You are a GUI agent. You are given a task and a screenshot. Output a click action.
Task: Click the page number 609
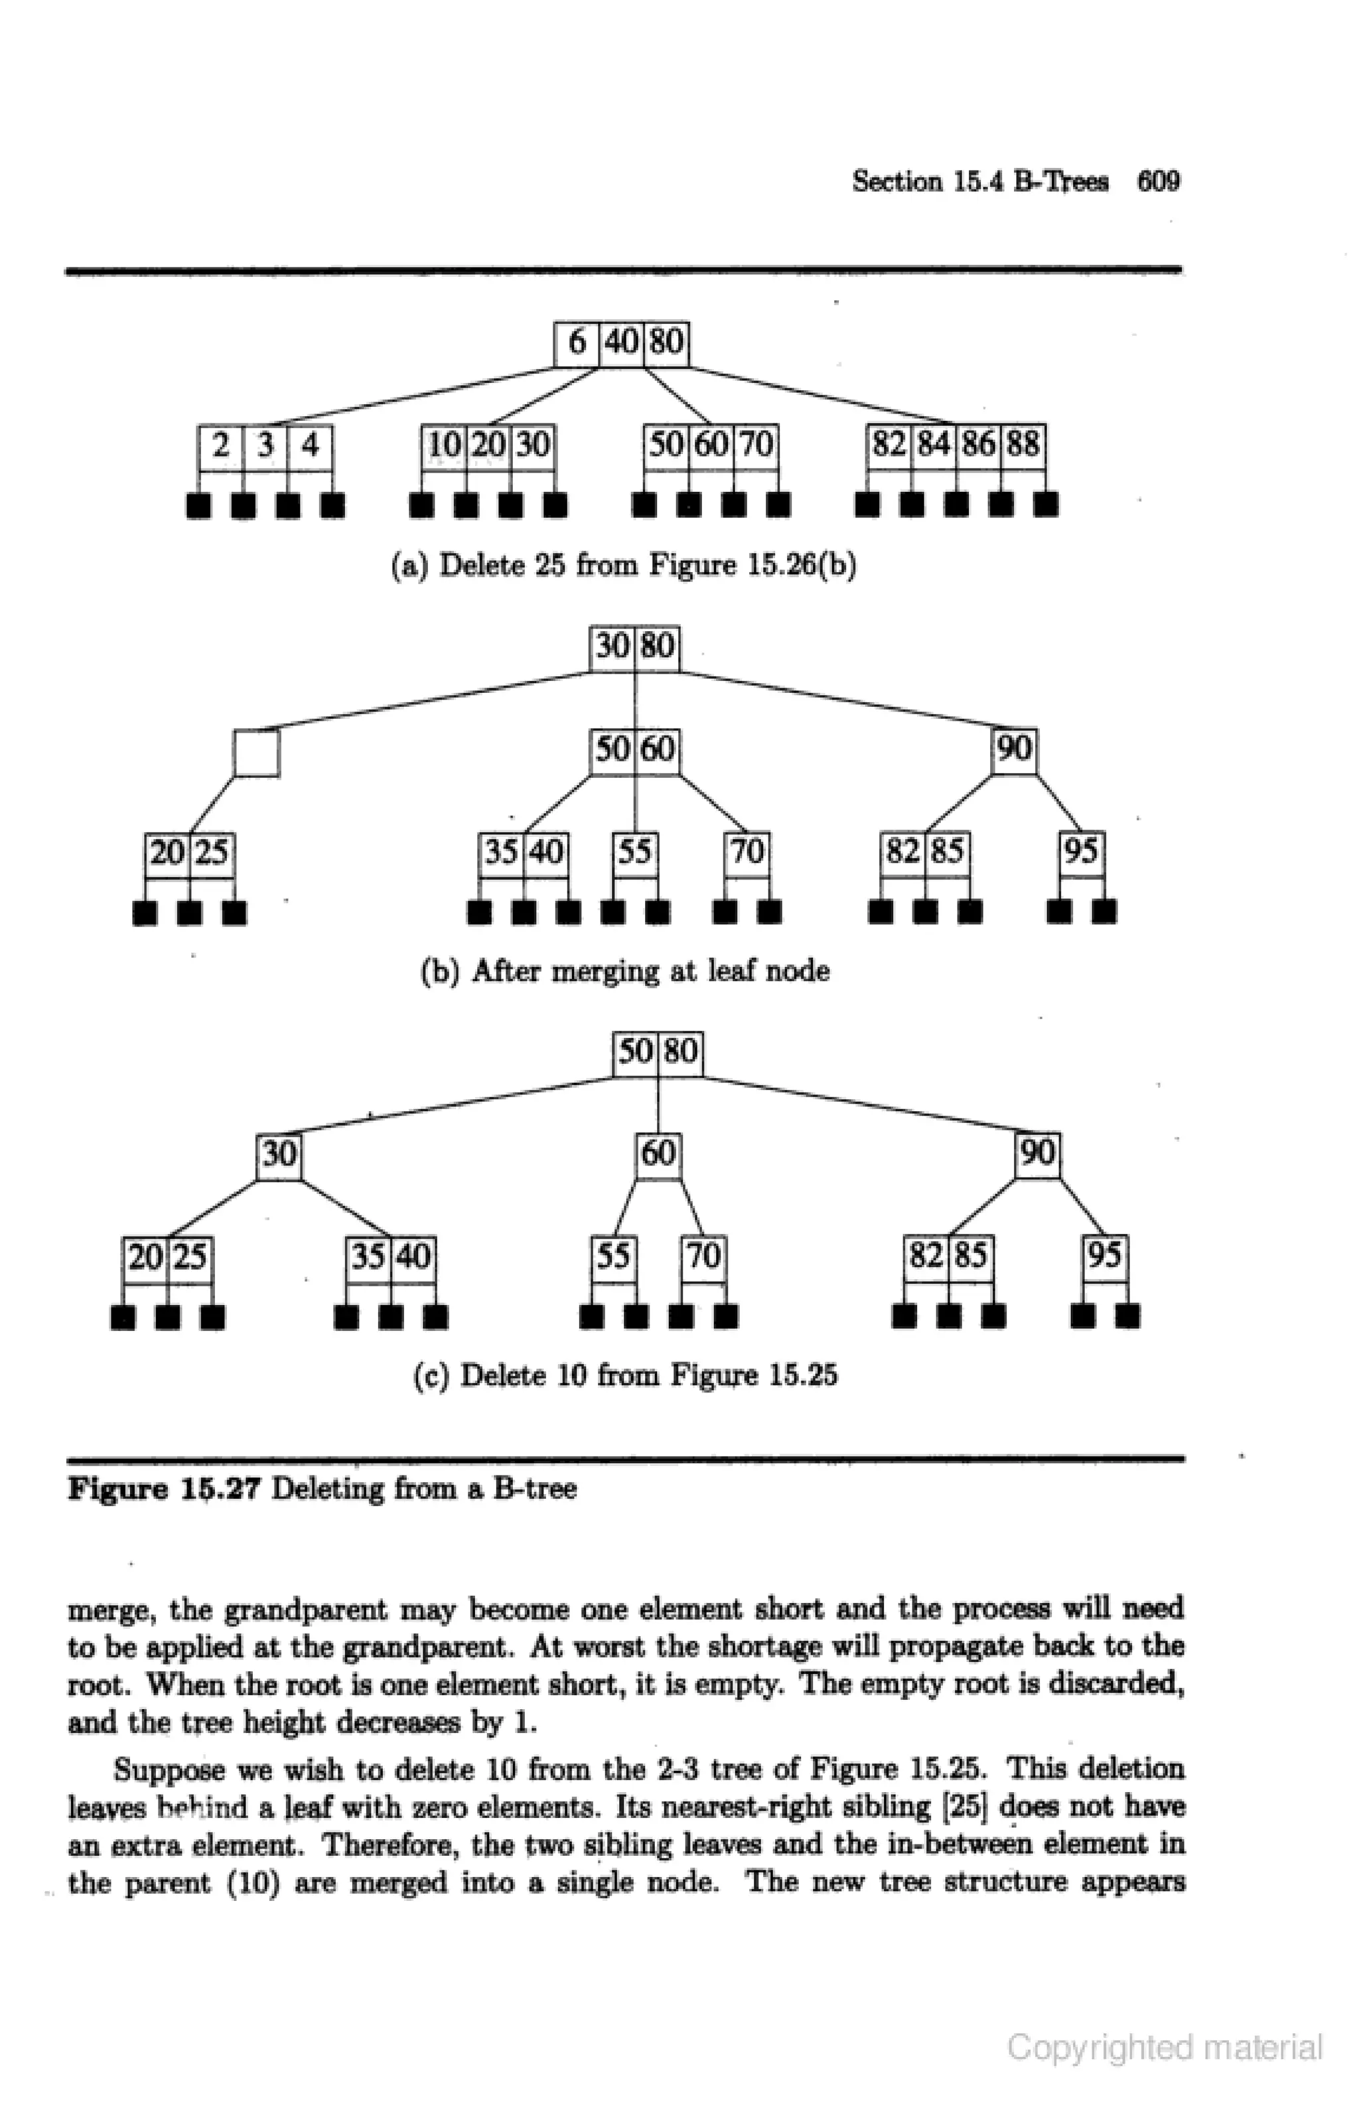pyautogui.click(x=1158, y=181)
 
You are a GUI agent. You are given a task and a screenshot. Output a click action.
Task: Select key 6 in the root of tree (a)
pyautogui.click(x=577, y=341)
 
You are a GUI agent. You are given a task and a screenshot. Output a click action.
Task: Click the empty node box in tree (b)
pyautogui.click(x=257, y=753)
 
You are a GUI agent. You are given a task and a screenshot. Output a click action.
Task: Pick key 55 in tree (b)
pyautogui.click(x=634, y=852)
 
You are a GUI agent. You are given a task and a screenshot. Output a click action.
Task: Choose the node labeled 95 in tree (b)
pyautogui.click(x=1082, y=852)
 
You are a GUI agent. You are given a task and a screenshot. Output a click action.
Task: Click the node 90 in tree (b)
pyautogui.click(x=1014, y=750)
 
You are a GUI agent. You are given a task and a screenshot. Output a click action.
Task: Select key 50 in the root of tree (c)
pyautogui.click(x=634, y=1052)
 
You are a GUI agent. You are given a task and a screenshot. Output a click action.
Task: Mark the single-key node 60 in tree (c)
pyautogui.click(x=658, y=1154)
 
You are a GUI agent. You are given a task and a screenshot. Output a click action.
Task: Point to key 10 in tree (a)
pyautogui.click(x=444, y=445)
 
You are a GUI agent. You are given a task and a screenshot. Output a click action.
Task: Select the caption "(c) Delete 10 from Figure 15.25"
pyautogui.click(x=625, y=1376)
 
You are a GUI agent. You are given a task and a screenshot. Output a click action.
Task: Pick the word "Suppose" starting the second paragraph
pyautogui.click(x=169, y=1770)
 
